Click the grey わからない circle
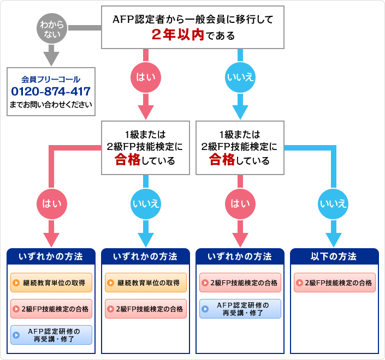pyautogui.click(x=51, y=28)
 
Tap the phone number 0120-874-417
pyautogui.click(x=51, y=91)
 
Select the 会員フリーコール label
pyautogui.click(x=51, y=79)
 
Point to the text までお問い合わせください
pyautogui.click(x=51, y=104)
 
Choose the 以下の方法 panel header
pyautogui.click(x=334, y=256)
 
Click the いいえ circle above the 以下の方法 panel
pyautogui.click(x=333, y=203)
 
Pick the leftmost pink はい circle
pyautogui.click(x=51, y=203)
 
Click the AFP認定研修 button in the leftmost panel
pyautogui.click(x=51, y=335)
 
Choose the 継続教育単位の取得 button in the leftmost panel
pyautogui.click(x=51, y=283)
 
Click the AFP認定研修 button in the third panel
pyautogui.click(x=240, y=309)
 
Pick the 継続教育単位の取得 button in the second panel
pyautogui.click(x=146, y=283)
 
